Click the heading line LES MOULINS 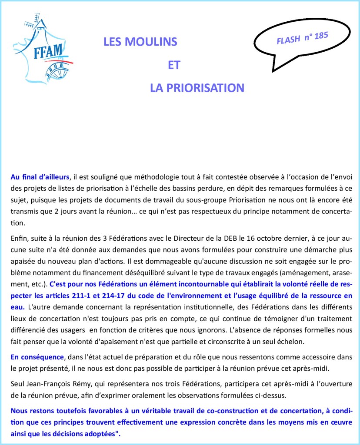(140, 42)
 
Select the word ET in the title (174, 65)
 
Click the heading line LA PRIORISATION (197, 88)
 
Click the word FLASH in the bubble (288, 40)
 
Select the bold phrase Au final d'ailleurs (40, 177)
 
